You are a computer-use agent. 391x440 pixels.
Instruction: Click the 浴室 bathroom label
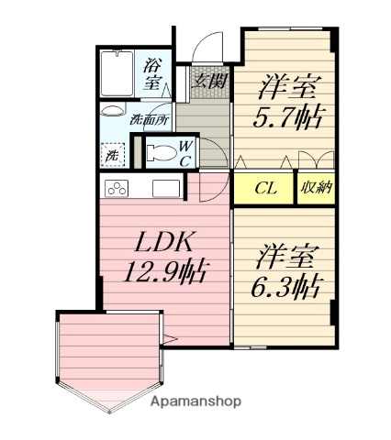[x=155, y=73]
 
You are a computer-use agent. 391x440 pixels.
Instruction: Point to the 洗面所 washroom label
[x=147, y=119]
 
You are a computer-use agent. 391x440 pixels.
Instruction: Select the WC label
[x=184, y=153]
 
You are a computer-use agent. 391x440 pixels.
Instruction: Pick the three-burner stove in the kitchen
[x=118, y=190]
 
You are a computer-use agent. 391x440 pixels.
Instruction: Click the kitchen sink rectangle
[x=166, y=190]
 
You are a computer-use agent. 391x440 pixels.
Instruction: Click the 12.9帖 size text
[x=165, y=272]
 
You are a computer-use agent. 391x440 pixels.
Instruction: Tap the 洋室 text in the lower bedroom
[x=285, y=254]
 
